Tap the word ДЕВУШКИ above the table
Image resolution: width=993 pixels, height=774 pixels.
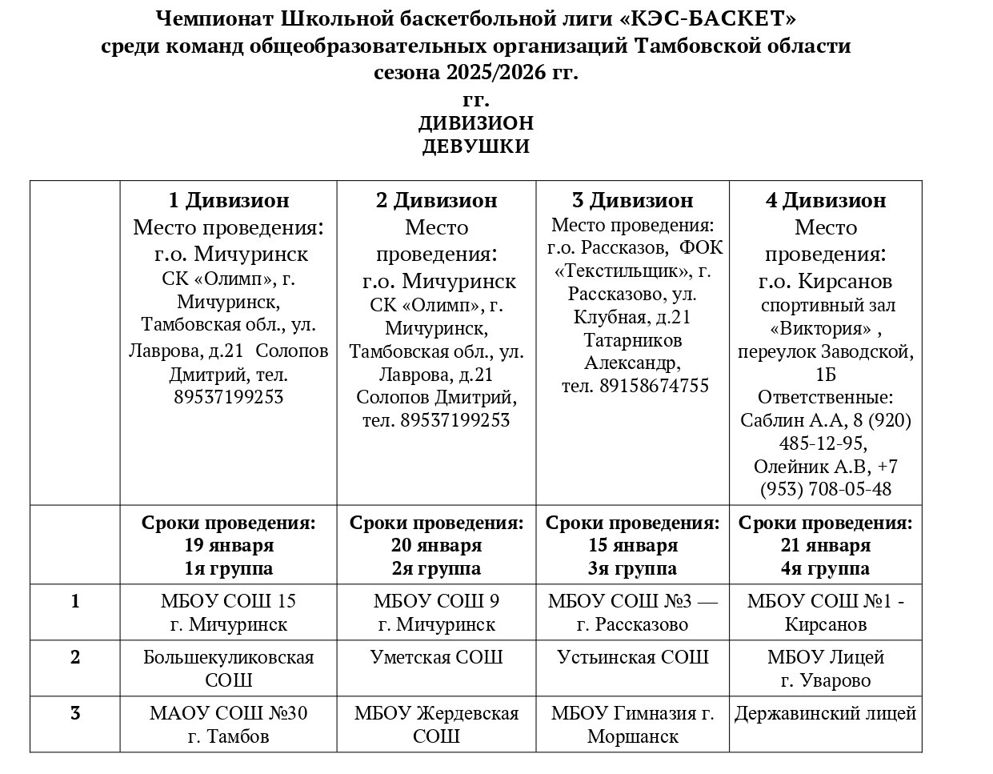(x=475, y=146)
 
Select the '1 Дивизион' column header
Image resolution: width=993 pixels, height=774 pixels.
(x=228, y=200)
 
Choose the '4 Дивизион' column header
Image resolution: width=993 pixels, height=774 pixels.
(x=825, y=200)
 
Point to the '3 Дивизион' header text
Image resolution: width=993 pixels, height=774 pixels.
(x=632, y=200)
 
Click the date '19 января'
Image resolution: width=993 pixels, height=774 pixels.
(x=228, y=546)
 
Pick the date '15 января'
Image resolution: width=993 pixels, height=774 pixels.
(x=632, y=546)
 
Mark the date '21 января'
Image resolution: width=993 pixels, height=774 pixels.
(x=825, y=546)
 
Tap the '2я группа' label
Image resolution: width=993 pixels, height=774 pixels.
(x=436, y=569)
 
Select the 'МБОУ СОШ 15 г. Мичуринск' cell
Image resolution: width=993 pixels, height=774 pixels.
(x=228, y=612)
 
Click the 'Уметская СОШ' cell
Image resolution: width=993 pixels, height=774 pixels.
(x=436, y=657)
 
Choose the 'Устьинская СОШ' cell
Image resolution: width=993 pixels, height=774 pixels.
(x=632, y=657)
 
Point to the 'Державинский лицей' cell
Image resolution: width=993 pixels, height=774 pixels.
(x=825, y=713)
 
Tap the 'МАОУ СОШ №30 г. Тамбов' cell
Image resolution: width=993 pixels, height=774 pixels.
(x=228, y=724)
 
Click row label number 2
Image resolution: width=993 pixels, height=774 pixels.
(x=75, y=657)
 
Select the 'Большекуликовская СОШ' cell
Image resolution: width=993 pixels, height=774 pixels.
(x=228, y=668)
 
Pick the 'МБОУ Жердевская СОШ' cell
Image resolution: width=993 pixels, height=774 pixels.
(x=436, y=724)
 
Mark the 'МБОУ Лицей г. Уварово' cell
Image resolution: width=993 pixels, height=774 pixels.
(x=825, y=668)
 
